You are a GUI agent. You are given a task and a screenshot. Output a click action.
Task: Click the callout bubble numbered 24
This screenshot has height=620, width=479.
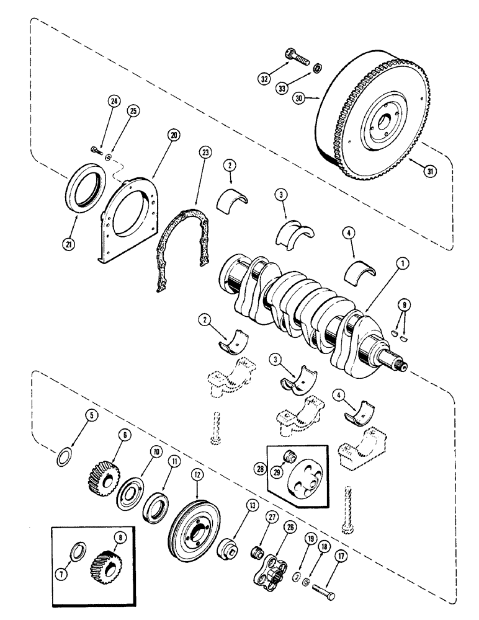[114, 100]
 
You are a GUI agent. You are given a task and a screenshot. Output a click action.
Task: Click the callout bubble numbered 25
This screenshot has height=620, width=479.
[133, 110]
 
